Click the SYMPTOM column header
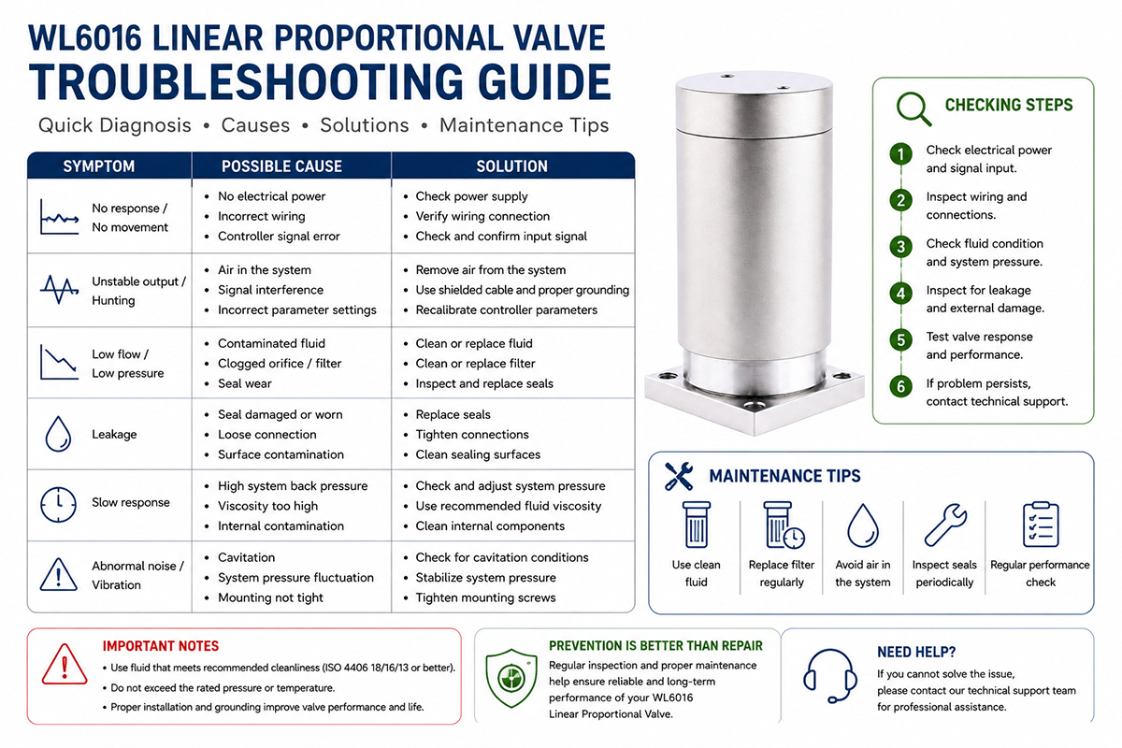pos(99,166)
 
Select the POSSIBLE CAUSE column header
pos(281,166)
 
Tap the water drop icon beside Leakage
pos(58,434)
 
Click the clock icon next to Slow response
pos(59,505)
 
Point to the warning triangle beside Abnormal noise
pos(59,574)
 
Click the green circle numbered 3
pos(900,247)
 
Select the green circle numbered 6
pos(900,386)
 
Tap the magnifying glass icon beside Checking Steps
pos(913,108)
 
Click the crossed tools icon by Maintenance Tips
pos(679,476)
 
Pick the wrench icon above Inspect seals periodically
pos(945,525)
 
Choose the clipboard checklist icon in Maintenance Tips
pos(1041,524)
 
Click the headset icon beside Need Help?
pos(829,676)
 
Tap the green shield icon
pos(511,678)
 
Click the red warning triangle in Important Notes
pos(65,665)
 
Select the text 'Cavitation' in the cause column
pos(247,557)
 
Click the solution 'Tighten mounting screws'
pos(485,597)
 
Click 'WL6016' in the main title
pos(85,38)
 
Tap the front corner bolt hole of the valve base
pos(755,404)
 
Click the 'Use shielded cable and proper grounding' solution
pos(522,290)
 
